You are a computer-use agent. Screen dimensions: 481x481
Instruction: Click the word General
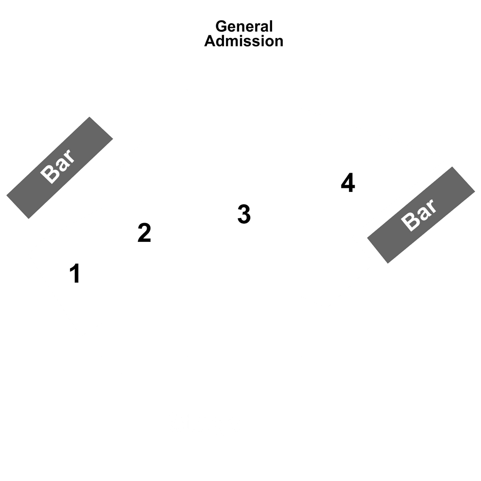(244, 27)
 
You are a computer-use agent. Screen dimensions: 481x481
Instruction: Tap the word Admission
(244, 41)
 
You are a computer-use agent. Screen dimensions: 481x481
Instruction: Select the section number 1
(75, 273)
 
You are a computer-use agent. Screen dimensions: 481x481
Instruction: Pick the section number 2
(144, 233)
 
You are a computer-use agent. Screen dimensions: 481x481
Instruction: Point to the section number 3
(244, 214)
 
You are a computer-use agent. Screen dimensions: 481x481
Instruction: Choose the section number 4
(348, 182)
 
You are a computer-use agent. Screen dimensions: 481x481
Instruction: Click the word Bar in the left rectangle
(58, 167)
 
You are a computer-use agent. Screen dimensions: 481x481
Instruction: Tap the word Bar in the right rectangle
(419, 215)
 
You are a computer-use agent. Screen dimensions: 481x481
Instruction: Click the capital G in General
(222, 27)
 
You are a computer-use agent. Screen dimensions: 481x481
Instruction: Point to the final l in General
(271, 27)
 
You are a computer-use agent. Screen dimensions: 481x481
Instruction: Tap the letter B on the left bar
(49, 174)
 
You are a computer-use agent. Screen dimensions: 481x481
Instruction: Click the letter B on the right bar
(410, 221)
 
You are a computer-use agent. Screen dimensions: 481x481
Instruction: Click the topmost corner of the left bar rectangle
(89, 117)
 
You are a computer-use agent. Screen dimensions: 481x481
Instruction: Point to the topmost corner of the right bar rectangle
(452, 167)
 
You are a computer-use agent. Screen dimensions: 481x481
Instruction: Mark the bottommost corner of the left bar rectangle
(28, 219)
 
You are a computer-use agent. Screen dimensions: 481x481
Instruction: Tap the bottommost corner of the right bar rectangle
(388, 263)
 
